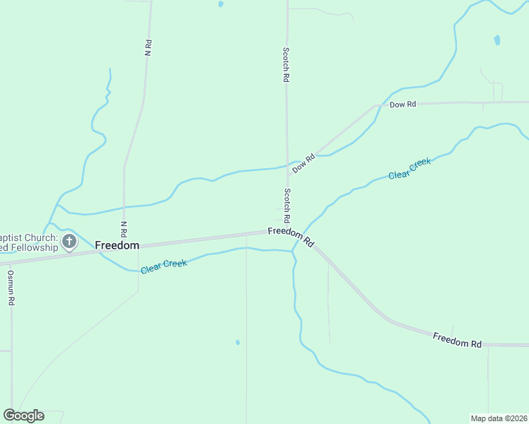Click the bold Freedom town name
point(117,245)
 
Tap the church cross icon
point(69,242)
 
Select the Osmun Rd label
point(11,287)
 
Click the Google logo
point(23,416)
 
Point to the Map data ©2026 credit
point(499,418)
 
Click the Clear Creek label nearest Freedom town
point(163,266)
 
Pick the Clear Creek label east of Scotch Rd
point(409,168)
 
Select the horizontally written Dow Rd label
point(403,105)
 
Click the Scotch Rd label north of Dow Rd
point(286,66)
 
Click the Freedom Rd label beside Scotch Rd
point(291,236)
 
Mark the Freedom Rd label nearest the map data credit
point(457,339)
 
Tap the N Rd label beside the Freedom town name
point(124,228)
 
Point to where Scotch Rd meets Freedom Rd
point(289,230)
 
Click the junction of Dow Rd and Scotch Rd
point(287,165)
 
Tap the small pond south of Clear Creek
point(238,343)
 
